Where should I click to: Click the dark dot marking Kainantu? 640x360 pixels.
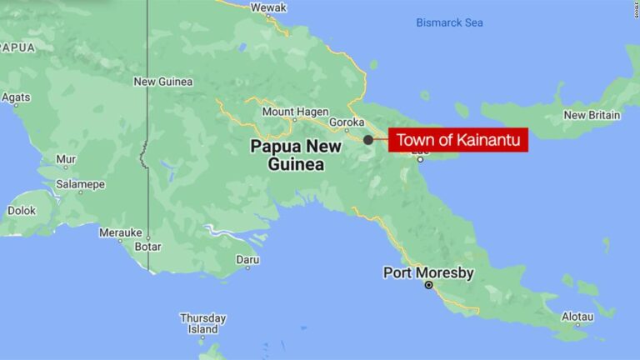point(368,140)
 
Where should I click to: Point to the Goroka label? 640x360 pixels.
point(347,122)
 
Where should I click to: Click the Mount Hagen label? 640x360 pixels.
point(291,112)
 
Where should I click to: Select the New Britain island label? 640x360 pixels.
point(592,115)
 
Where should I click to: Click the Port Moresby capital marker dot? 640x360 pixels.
point(429,285)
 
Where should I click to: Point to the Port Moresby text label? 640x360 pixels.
point(428,272)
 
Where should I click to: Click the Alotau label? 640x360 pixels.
point(577,317)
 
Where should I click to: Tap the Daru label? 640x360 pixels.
point(247,260)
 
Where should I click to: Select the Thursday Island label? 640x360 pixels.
point(202,323)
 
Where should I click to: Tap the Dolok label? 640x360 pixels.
point(22,211)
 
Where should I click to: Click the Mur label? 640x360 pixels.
point(65,158)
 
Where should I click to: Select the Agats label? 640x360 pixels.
point(16,97)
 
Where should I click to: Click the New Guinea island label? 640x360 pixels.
point(163,82)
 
